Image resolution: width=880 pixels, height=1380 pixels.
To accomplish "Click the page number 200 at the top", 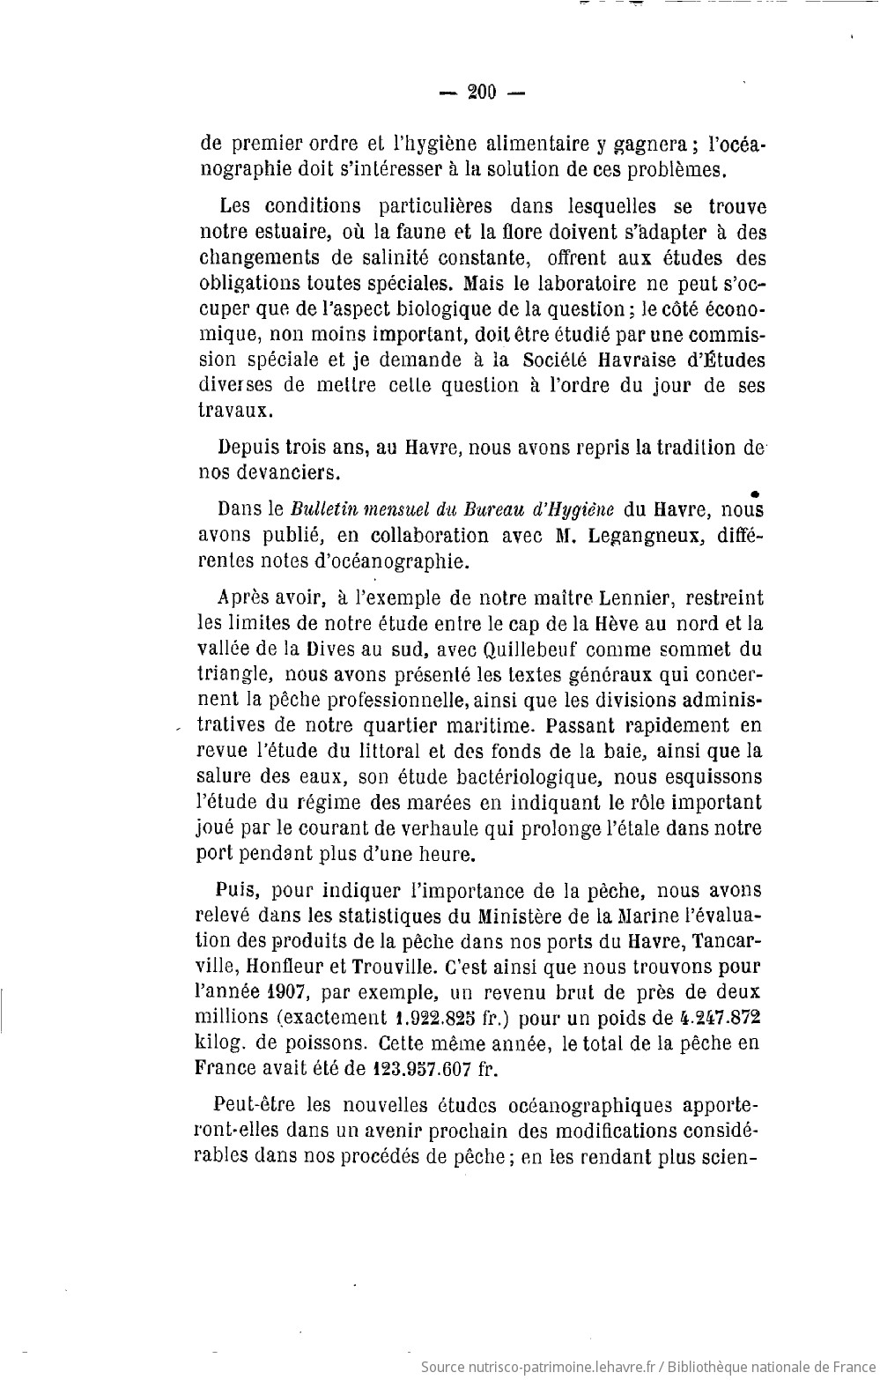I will (483, 91).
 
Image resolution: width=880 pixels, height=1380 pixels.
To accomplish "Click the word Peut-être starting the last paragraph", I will (255, 1105).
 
